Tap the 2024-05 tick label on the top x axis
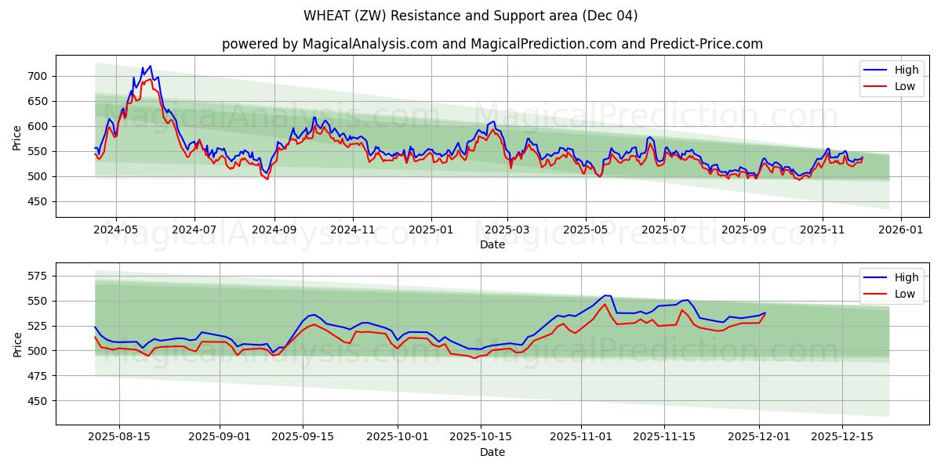point(115,231)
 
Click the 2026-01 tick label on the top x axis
point(900,231)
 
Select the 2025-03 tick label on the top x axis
point(507,231)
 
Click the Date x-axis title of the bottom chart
point(492,452)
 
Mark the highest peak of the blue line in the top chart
point(150,67)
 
